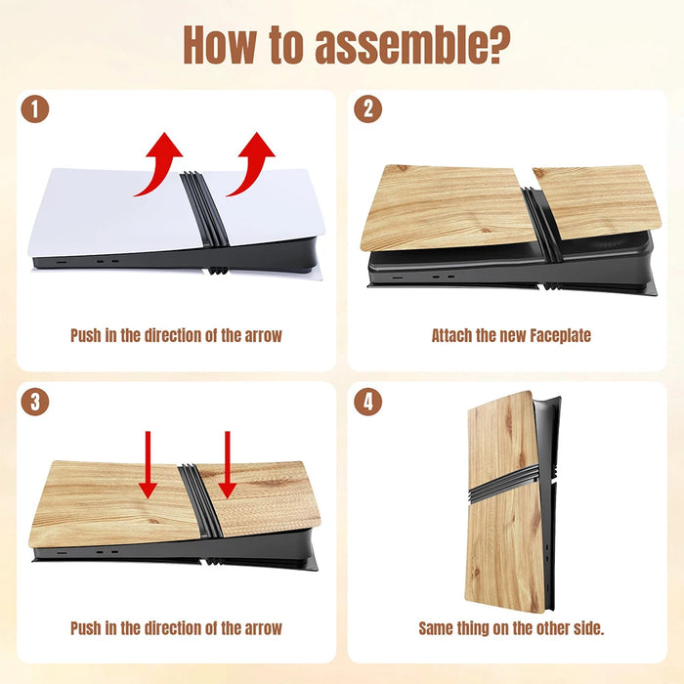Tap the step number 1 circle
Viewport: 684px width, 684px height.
click(x=35, y=109)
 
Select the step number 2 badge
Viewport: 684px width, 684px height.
click(x=367, y=109)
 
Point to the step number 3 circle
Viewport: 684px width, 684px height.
click(x=35, y=402)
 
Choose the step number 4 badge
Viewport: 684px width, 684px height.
click(x=367, y=402)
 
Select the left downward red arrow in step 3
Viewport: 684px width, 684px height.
click(x=148, y=465)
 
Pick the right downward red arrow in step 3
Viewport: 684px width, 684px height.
click(x=228, y=465)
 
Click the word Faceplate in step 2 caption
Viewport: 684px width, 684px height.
click(x=560, y=335)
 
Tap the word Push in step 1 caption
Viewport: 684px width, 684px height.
click(x=86, y=335)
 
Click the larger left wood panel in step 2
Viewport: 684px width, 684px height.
click(x=448, y=207)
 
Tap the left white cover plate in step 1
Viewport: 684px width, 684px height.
click(x=115, y=212)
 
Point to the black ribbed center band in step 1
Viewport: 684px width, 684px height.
click(x=205, y=209)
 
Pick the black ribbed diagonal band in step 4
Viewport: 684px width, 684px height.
click(x=504, y=483)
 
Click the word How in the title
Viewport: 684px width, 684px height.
click(x=220, y=45)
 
